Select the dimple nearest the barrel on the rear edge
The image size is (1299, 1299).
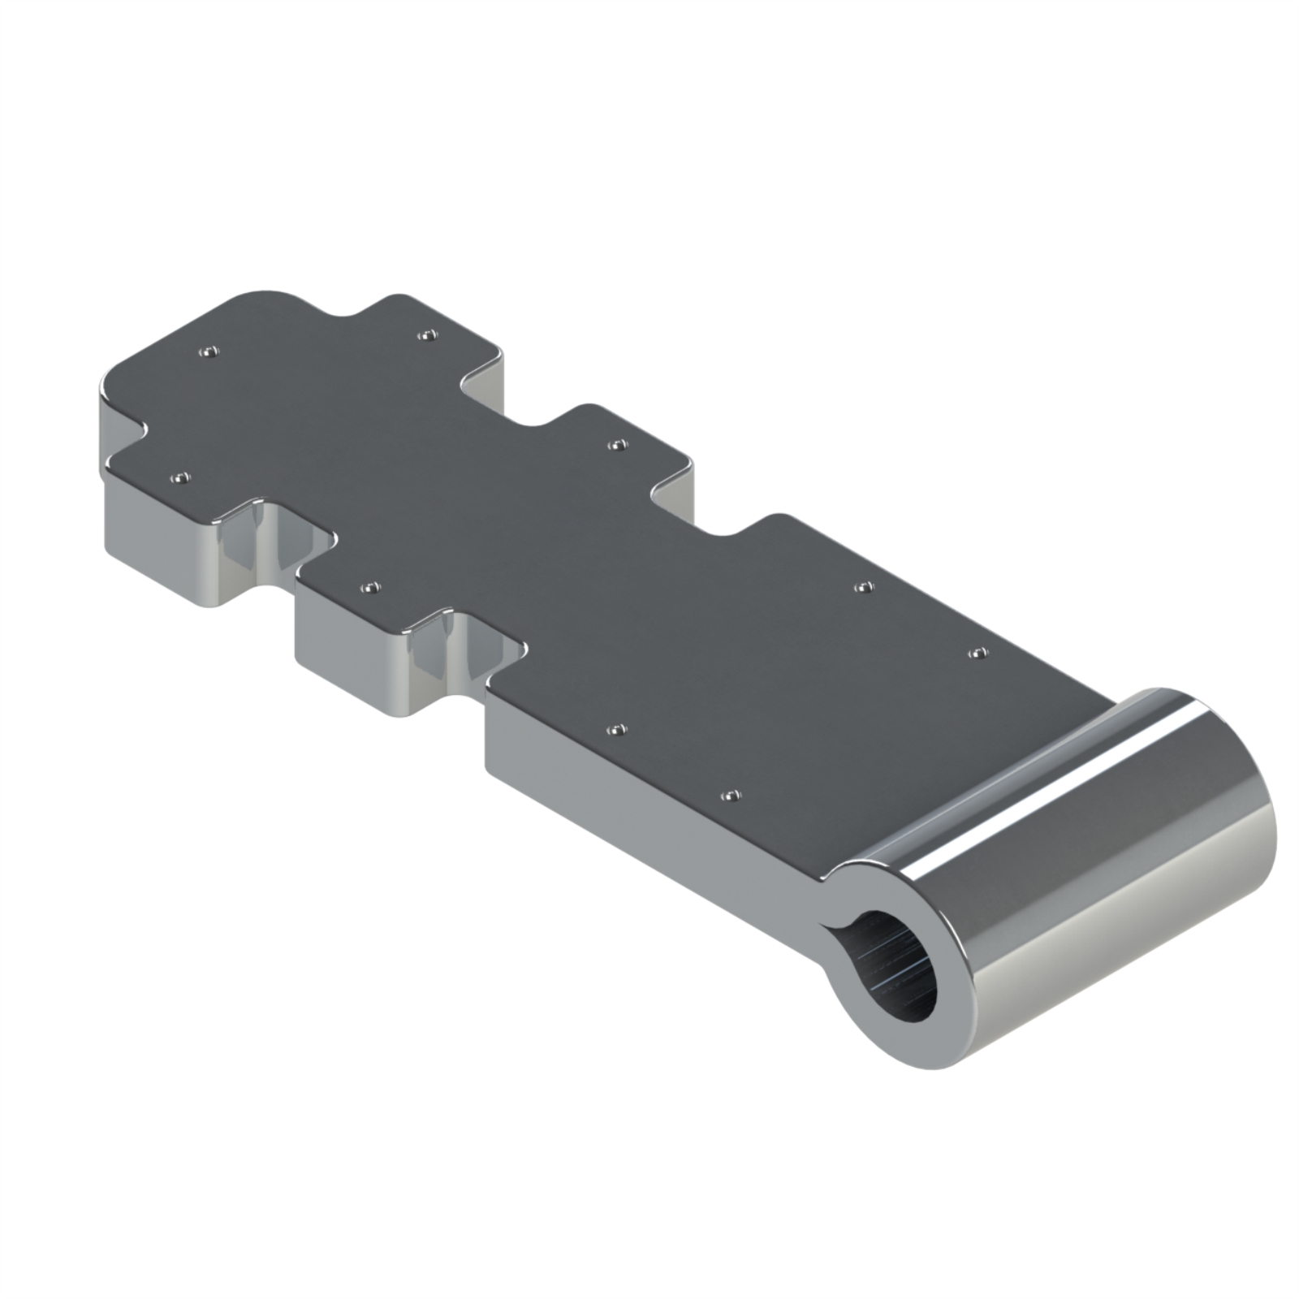pyautogui.click(x=978, y=653)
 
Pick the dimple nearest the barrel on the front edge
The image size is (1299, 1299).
pyautogui.click(x=731, y=796)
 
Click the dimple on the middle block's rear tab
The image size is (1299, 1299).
pyautogui.click(x=617, y=445)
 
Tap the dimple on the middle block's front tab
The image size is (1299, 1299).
pyautogui.click(x=369, y=586)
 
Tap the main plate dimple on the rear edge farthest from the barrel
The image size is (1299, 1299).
pyautogui.click(x=865, y=586)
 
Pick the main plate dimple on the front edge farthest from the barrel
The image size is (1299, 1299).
pyautogui.click(x=617, y=731)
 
